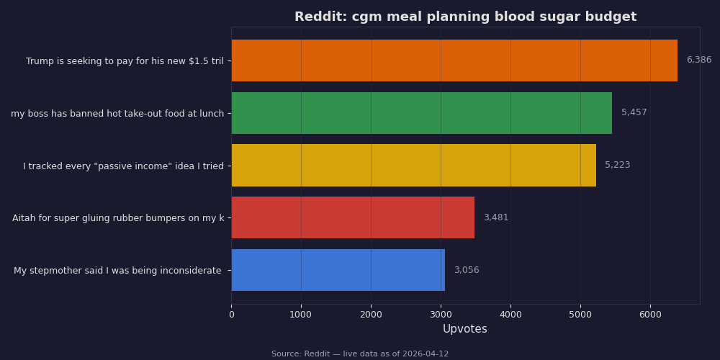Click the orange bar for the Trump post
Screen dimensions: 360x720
(454, 60)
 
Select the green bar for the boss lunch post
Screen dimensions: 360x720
(421, 113)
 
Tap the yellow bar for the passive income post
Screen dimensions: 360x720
(413, 166)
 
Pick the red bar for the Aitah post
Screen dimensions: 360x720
(353, 217)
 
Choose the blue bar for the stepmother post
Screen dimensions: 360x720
(338, 270)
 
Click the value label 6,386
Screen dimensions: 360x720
(698, 60)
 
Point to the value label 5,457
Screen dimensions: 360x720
(634, 113)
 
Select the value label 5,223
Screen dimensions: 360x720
(617, 166)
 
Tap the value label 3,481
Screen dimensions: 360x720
(495, 217)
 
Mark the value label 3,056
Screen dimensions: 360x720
(466, 270)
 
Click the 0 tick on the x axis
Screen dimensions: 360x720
(231, 315)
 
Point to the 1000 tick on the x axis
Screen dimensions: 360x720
(301, 315)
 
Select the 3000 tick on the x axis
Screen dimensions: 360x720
(441, 315)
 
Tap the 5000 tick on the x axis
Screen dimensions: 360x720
(580, 315)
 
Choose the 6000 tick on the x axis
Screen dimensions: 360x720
(650, 315)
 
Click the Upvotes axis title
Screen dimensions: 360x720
(464, 329)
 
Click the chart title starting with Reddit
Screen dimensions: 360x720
(465, 17)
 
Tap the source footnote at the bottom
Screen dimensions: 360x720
(360, 354)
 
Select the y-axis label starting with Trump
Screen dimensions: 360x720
(125, 61)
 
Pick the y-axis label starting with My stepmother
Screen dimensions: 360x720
(117, 271)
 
